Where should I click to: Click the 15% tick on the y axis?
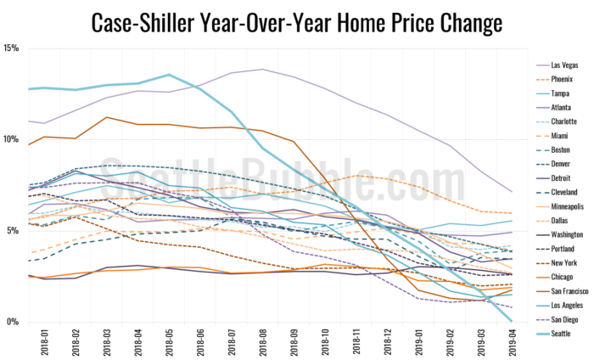(11, 48)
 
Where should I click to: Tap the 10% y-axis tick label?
(11, 139)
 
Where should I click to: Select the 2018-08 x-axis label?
(261, 342)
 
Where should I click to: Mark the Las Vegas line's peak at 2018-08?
(261, 70)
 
